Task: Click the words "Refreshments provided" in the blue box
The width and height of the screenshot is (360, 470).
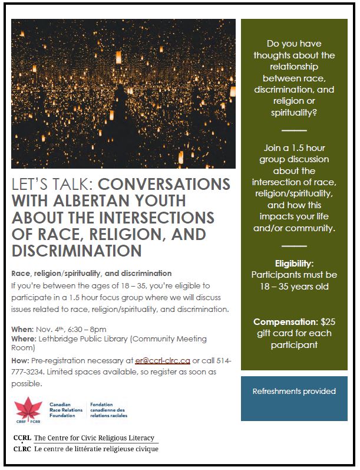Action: (x=294, y=391)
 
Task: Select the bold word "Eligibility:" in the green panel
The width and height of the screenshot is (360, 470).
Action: (x=294, y=263)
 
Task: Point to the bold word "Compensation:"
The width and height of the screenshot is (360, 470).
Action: (x=286, y=322)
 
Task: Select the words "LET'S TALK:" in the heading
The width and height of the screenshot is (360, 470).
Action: (x=47, y=185)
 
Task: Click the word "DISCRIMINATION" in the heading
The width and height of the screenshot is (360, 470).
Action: (x=77, y=251)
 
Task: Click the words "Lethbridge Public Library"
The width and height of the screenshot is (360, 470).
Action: (x=82, y=339)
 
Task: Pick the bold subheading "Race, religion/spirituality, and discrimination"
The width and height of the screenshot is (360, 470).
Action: (x=91, y=274)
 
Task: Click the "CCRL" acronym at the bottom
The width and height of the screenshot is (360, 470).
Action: (x=22, y=438)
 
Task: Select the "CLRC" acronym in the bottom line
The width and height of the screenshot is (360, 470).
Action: (x=22, y=449)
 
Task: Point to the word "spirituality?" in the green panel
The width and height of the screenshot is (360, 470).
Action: (x=294, y=112)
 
